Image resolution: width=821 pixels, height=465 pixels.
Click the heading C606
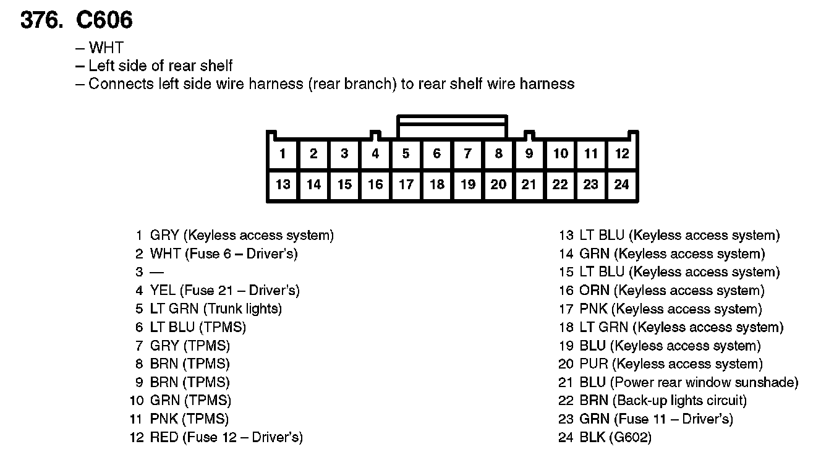104,20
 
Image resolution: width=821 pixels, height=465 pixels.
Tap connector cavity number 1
283,153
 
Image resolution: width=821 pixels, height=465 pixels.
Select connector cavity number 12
622,153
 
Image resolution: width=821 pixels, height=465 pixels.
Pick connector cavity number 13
283,184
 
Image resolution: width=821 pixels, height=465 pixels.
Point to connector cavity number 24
622,184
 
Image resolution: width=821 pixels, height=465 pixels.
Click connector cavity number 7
468,153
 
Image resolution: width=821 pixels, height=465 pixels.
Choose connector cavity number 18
437,184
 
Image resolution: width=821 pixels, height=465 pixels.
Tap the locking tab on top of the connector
452,126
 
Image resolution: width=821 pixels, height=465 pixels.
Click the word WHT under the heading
106,48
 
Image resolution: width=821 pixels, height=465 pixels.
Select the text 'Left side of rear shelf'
161,66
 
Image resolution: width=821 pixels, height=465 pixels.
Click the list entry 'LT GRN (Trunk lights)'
216,309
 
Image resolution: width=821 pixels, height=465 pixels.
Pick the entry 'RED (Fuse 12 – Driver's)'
226,438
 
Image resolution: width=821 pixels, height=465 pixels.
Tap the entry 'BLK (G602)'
615,438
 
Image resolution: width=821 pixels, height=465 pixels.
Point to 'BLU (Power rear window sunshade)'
689,383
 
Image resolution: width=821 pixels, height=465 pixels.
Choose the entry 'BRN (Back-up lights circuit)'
663,401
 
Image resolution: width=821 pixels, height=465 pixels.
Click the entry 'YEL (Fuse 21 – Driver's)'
224,290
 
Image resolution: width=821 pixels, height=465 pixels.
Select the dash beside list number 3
156,272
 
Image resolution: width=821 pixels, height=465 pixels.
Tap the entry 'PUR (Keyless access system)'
671,364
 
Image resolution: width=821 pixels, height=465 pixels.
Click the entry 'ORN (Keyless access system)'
672,291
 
